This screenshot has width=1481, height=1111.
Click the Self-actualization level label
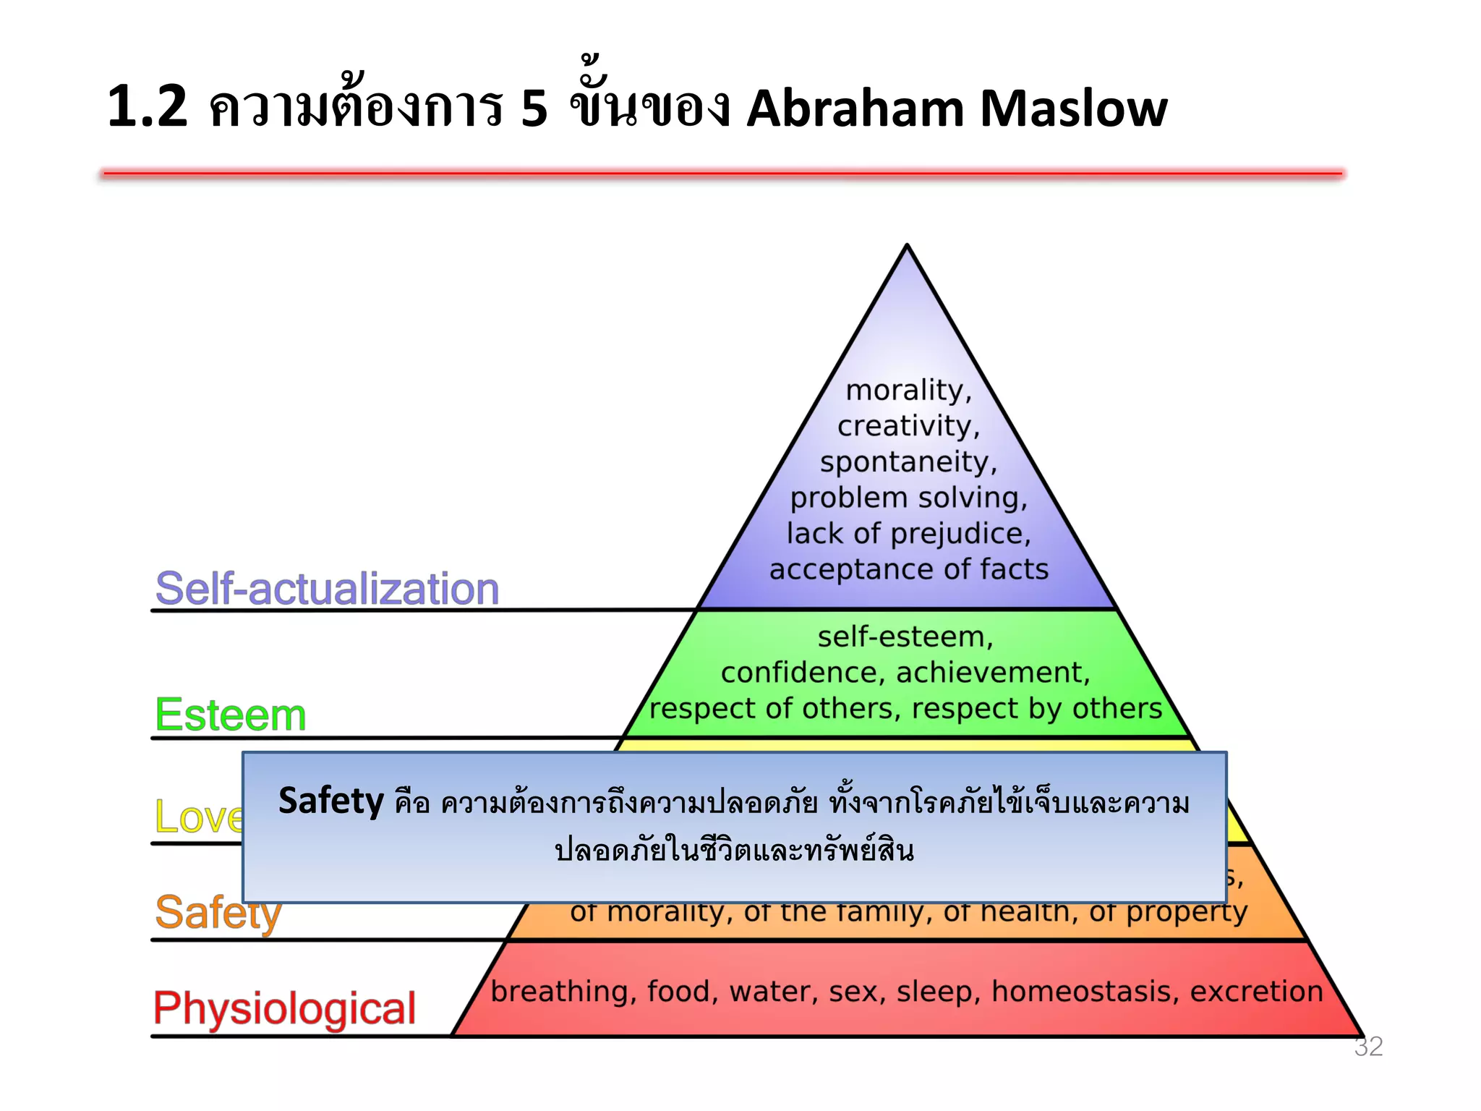coord(327,588)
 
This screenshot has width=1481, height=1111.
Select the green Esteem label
coord(231,715)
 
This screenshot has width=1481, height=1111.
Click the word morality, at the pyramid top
coord(908,391)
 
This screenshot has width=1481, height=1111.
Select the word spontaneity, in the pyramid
coord(908,462)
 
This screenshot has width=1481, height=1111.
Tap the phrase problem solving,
coord(908,498)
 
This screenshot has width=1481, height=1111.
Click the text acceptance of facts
coord(908,569)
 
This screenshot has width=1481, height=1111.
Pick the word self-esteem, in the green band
coord(905,637)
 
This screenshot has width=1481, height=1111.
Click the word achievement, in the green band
coord(992,673)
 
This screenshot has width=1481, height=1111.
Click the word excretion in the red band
coord(1256,991)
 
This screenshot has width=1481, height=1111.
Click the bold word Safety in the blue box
coord(330,801)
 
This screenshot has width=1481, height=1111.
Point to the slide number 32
coord(1367,1047)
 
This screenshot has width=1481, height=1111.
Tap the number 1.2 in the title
coord(148,107)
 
